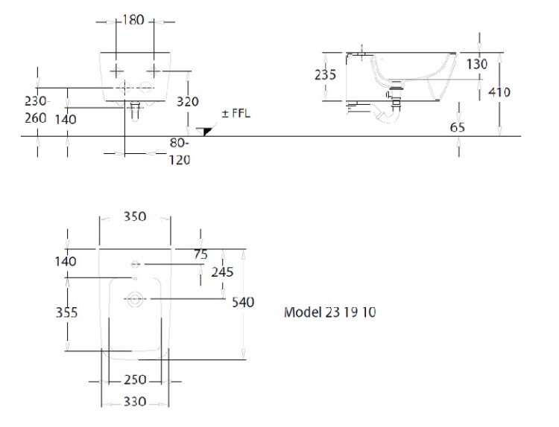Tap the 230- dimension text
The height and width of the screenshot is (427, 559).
pyautogui.click(x=37, y=100)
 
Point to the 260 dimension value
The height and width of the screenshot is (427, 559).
pyautogui.click(x=35, y=118)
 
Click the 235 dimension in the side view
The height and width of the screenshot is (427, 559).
pyautogui.click(x=325, y=74)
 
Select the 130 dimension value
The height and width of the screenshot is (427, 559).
pyautogui.click(x=477, y=64)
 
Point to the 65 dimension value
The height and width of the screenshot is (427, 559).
pyautogui.click(x=458, y=127)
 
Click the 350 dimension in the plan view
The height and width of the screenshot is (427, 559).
pyautogui.click(x=134, y=216)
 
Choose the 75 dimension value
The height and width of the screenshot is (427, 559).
pyautogui.click(x=200, y=254)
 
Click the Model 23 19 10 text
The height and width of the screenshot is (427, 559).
pyautogui.click(x=330, y=312)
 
